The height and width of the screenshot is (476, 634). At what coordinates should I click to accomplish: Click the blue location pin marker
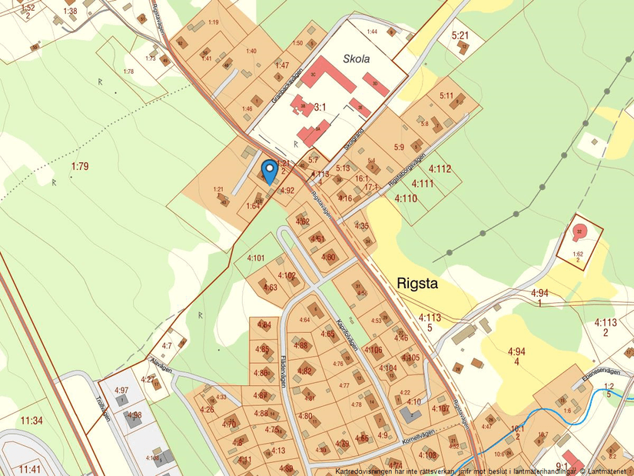(269, 169)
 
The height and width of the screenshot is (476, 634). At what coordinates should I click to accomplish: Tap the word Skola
(357, 59)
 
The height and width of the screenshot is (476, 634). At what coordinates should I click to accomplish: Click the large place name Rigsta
(418, 283)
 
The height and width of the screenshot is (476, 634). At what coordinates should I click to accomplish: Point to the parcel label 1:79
(80, 166)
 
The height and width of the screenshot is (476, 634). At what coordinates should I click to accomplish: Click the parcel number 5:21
(460, 35)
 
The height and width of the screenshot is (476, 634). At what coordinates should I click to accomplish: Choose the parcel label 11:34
(32, 421)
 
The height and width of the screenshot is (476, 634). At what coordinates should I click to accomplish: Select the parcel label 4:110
(406, 198)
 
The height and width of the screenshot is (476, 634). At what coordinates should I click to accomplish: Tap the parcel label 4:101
(255, 258)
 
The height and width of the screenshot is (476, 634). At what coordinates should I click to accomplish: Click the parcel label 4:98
(134, 415)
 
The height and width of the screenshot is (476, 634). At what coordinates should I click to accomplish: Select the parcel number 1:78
(128, 72)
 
